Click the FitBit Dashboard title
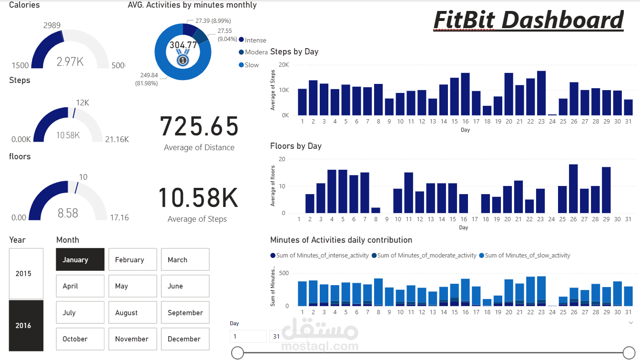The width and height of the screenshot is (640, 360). pos(528,20)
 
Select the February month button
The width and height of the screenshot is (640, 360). pos(132,260)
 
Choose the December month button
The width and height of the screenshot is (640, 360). pos(185,339)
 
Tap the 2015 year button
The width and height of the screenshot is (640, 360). pos(26,274)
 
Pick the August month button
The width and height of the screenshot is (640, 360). pos(132,313)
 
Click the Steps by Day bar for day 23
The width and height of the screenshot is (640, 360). pos(541,93)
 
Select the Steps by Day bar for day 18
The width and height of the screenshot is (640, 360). pos(487,110)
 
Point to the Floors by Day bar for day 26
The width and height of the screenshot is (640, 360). pos(573,189)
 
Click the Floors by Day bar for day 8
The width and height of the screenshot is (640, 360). pos(376,210)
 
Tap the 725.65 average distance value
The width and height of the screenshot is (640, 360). pos(199,127)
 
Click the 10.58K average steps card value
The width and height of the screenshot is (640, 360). pos(198,198)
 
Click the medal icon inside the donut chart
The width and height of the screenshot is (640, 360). pos(183,59)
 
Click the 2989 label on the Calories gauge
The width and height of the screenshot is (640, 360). pos(51,25)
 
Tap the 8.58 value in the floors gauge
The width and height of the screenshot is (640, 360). pos(68,213)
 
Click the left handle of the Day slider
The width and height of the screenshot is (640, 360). pos(237,353)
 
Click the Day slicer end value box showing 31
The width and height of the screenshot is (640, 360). pos(276,336)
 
